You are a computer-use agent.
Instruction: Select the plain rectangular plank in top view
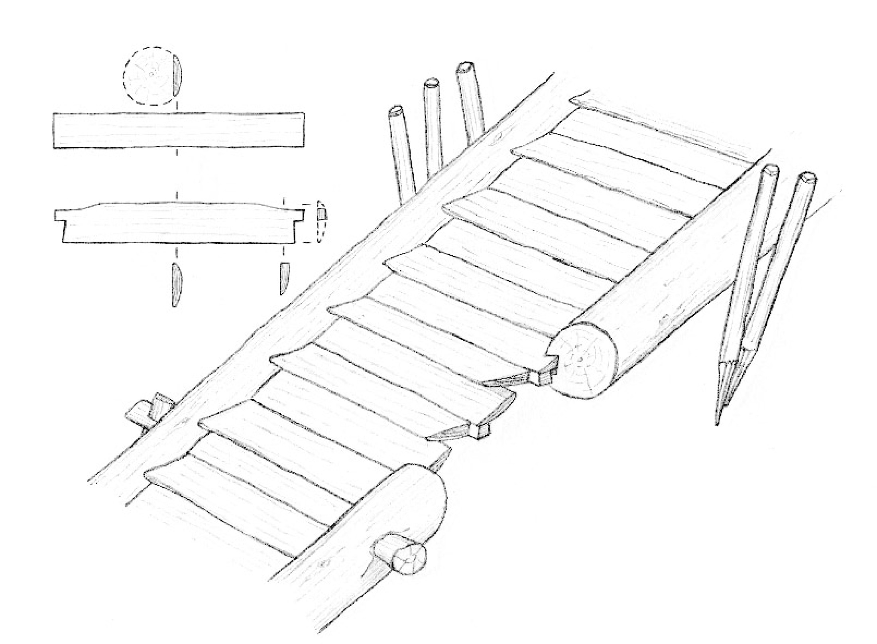pos(179,130)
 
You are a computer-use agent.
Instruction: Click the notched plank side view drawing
pos(179,223)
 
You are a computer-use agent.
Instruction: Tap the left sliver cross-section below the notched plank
pos(176,285)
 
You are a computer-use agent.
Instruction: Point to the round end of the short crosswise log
pos(409,560)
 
